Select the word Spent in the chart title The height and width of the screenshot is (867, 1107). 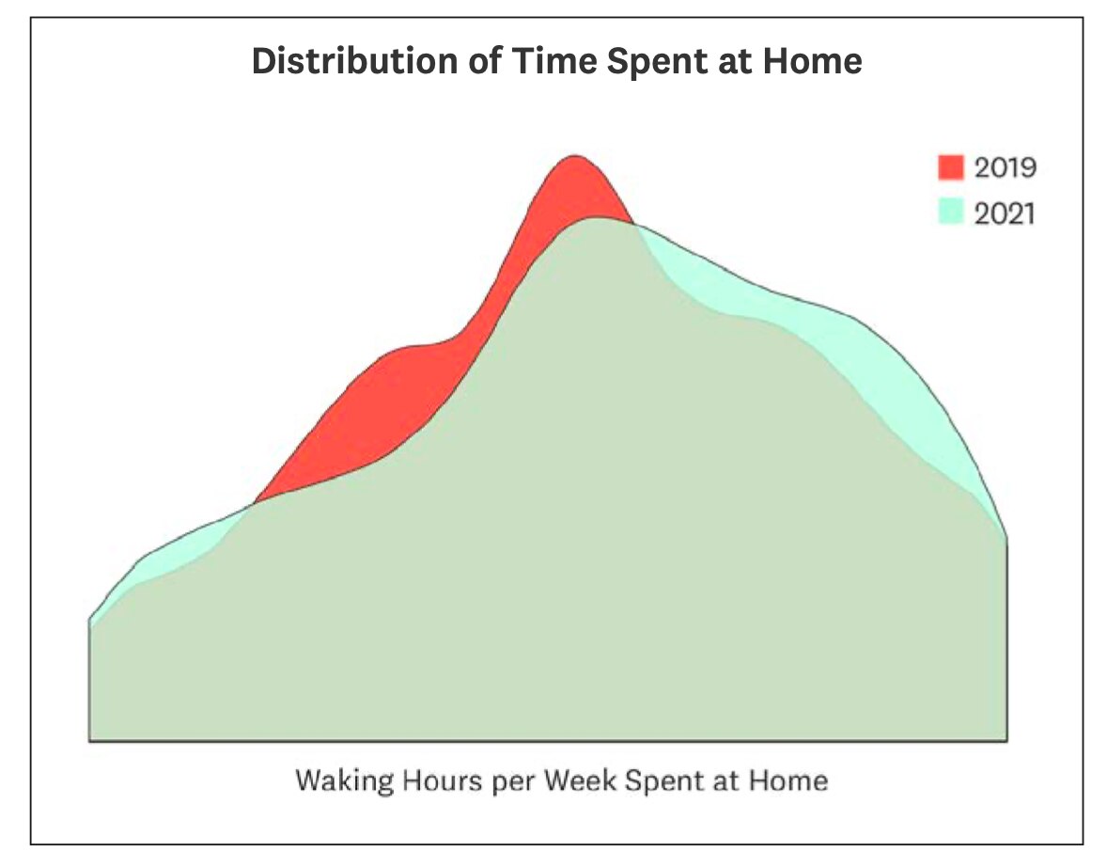point(657,62)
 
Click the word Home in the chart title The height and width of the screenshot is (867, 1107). point(813,61)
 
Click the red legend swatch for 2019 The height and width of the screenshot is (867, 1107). point(951,166)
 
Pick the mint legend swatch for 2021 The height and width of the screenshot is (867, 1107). point(951,212)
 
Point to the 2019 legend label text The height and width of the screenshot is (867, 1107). point(1006,167)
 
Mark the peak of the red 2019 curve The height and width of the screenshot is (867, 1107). point(575,156)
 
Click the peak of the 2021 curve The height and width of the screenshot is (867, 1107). point(598,217)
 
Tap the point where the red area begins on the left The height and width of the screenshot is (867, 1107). point(254,503)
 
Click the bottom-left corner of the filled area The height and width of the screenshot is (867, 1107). point(89,740)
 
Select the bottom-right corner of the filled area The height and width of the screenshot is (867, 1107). point(1006,740)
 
